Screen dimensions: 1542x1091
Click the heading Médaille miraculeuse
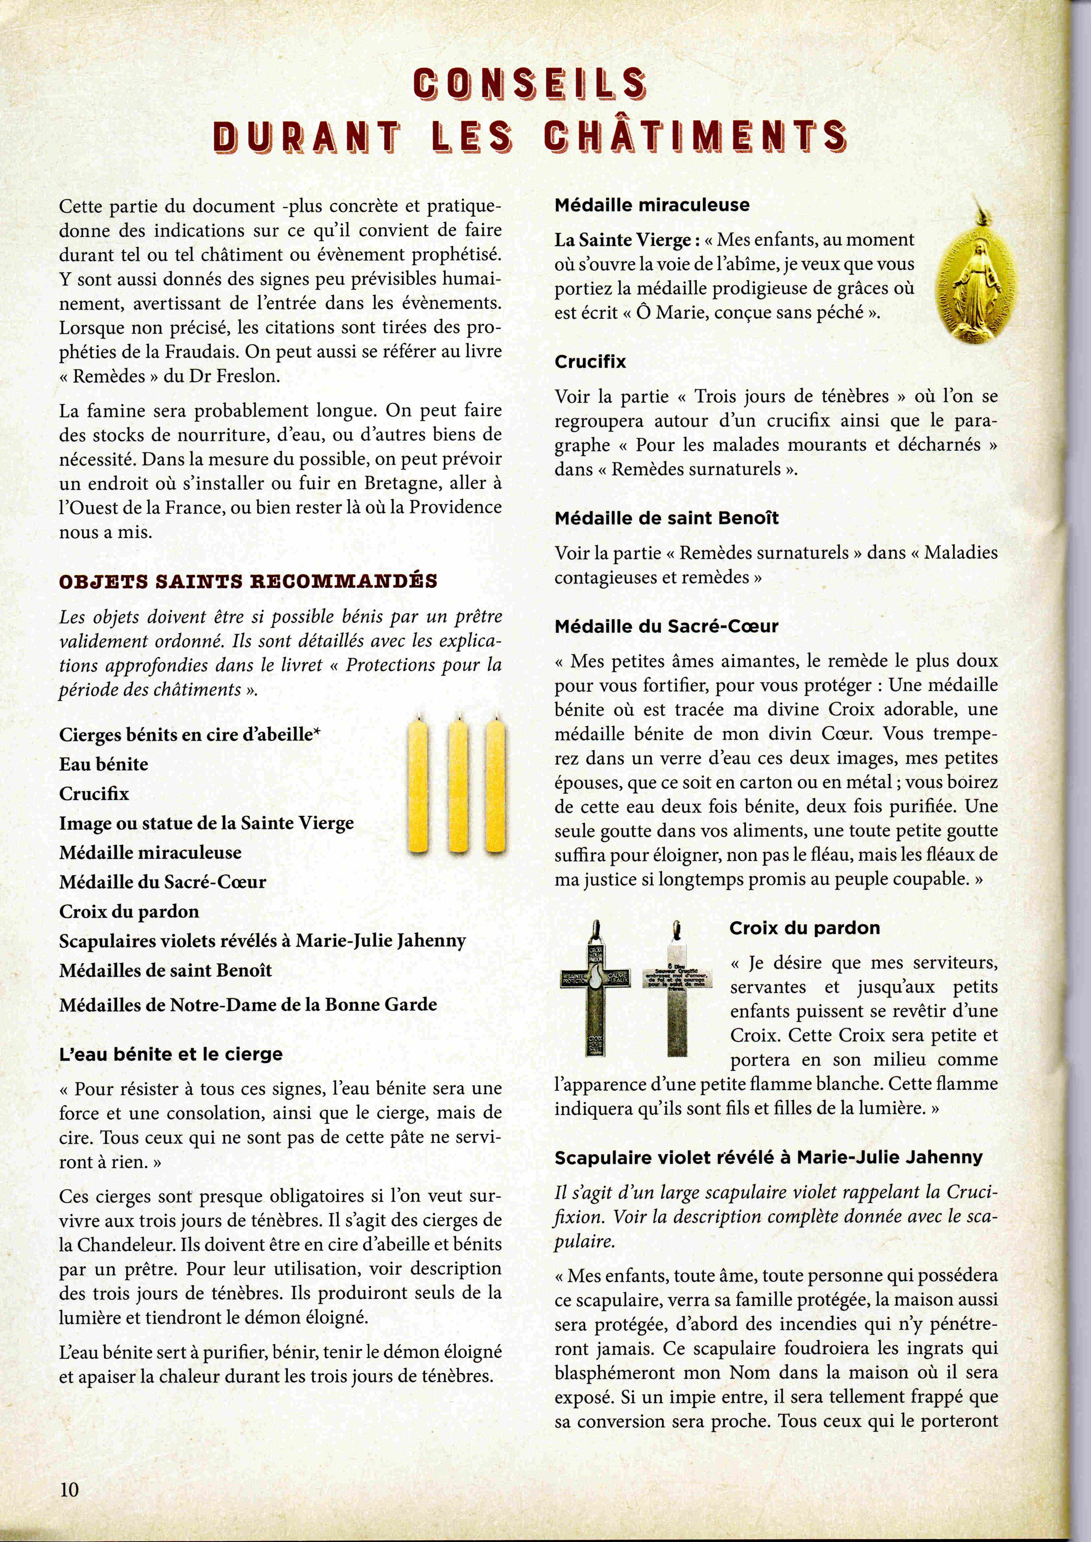pos(652,205)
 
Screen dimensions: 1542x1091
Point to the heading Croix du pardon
pos(804,929)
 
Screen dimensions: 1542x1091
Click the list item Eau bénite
pos(104,764)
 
